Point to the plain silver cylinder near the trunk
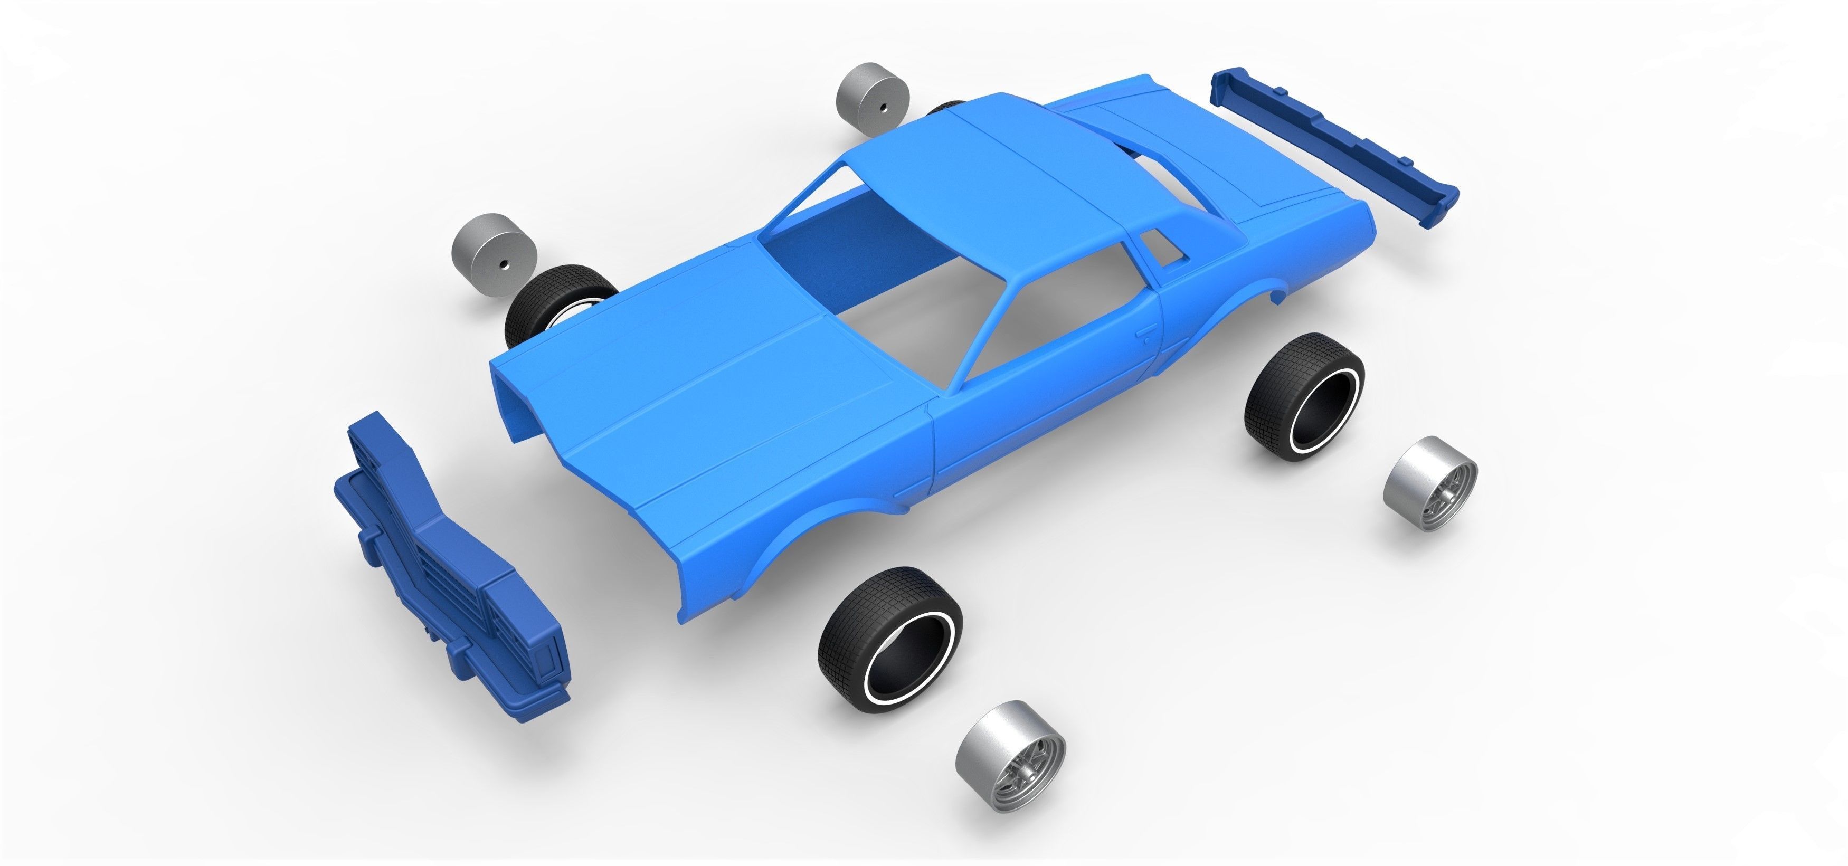pos(871,99)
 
